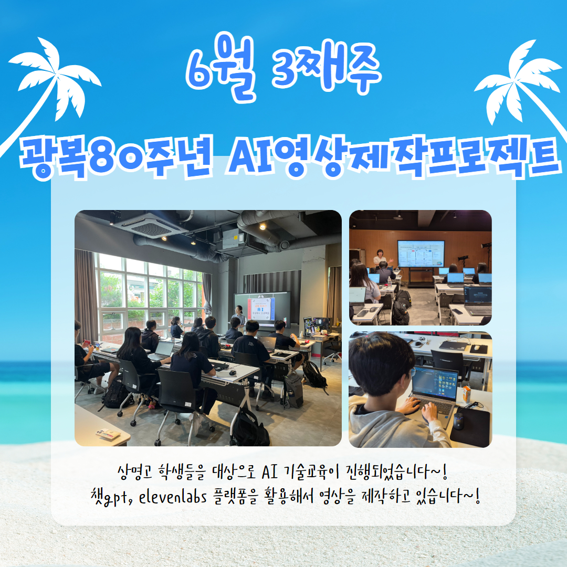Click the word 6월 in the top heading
pyautogui.click(x=220, y=67)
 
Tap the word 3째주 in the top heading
pyautogui.click(x=326, y=67)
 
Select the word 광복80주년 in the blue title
pyautogui.click(x=115, y=157)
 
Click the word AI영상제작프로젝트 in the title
pyautogui.click(x=394, y=157)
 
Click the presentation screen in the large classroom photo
pyautogui.click(x=262, y=309)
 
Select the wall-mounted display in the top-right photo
pyautogui.click(x=421, y=254)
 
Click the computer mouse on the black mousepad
pyautogui.click(x=458, y=421)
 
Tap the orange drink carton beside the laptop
pyautogui.click(x=467, y=394)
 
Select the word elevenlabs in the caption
pyautogui.click(x=173, y=497)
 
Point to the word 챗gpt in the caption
pyautogui.click(x=110, y=497)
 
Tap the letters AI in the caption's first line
pyautogui.click(x=270, y=472)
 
